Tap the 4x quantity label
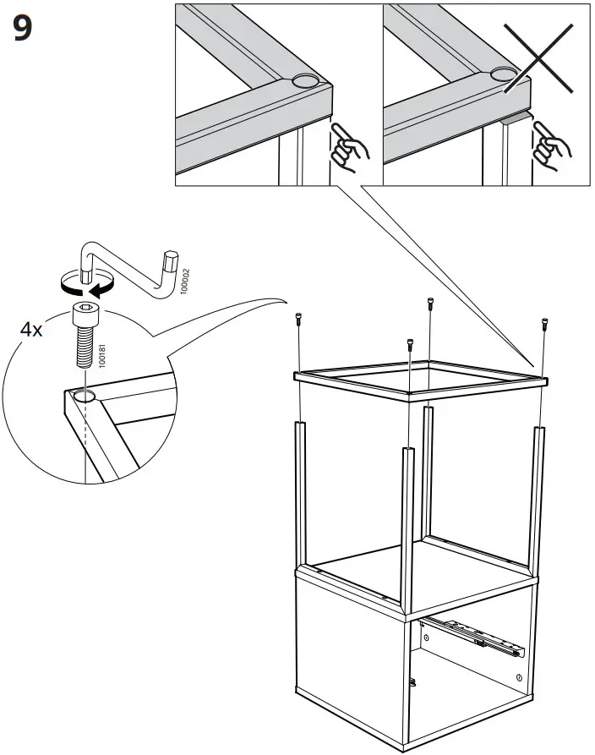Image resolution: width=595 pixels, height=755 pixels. point(31,330)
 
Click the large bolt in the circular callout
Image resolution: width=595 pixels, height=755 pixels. point(85,334)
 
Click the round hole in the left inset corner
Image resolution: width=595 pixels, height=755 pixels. point(305,82)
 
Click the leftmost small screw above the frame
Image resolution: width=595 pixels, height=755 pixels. point(297,319)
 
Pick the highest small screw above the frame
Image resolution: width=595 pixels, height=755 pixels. point(431,303)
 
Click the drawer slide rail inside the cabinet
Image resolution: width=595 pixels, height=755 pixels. point(473,636)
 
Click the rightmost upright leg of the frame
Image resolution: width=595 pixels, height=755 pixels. point(537,499)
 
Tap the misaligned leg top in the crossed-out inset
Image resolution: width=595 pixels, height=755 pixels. point(516,117)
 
